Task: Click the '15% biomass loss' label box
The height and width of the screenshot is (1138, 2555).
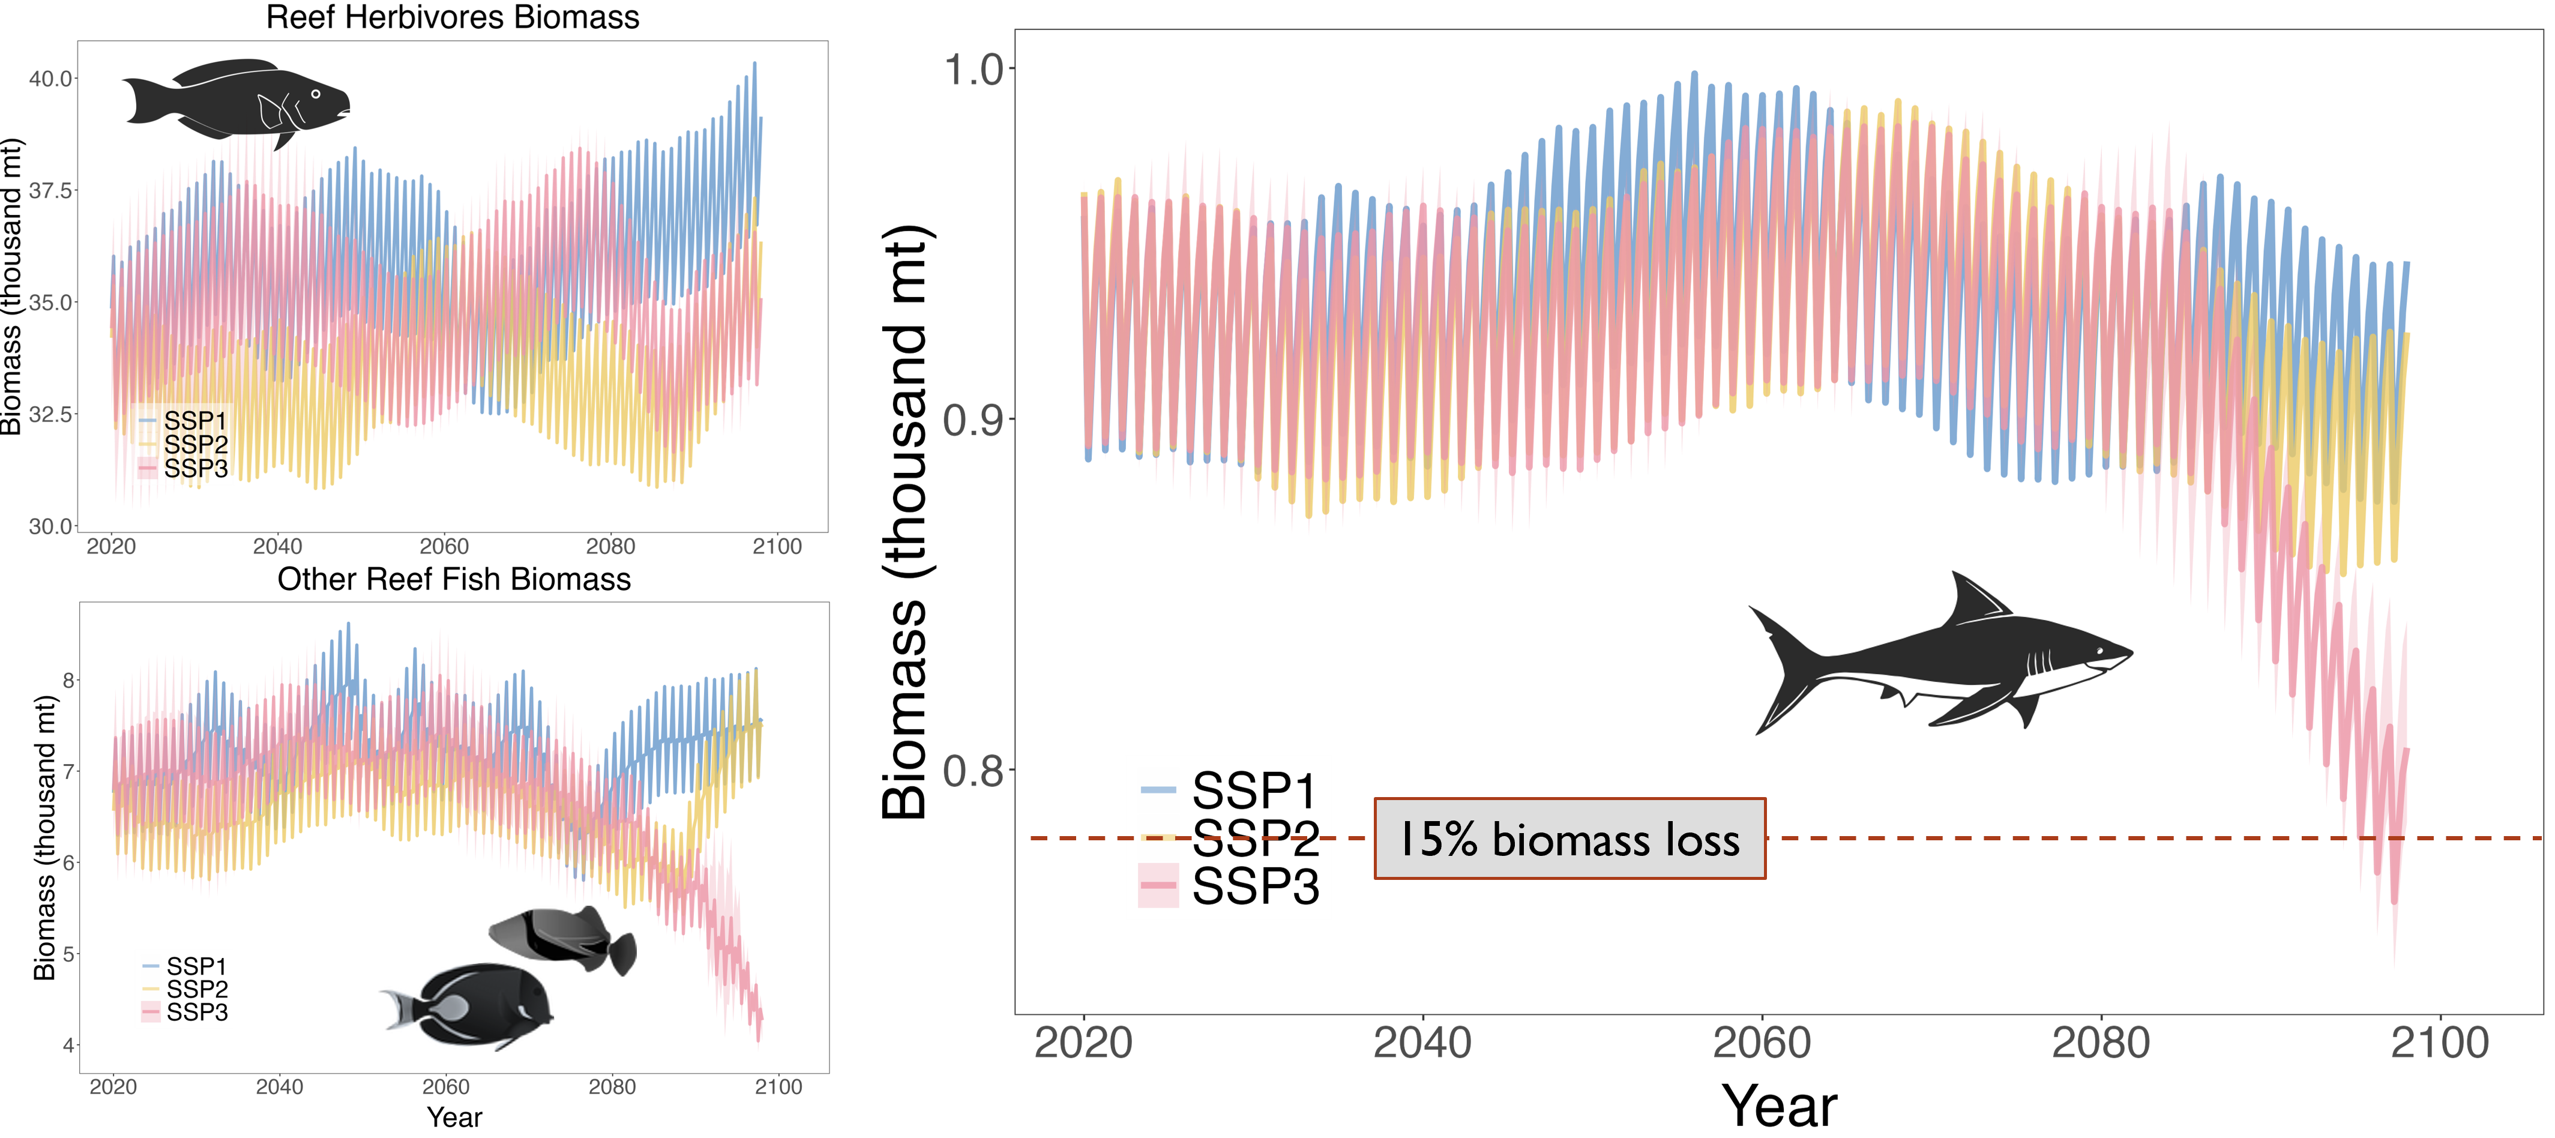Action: coord(1569,838)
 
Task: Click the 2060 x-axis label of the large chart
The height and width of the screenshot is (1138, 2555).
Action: coord(1762,1043)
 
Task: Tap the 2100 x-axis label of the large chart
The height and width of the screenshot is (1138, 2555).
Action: coord(2439,1043)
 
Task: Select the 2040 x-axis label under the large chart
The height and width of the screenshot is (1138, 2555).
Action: coord(1422,1043)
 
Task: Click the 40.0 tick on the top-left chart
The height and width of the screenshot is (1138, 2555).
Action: coord(50,79)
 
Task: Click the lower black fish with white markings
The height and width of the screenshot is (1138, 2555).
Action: coord(476,1004)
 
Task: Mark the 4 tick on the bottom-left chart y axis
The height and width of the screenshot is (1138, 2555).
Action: coord(68,1045)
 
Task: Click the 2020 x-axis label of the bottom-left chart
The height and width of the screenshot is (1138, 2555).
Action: coord(113,1086)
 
